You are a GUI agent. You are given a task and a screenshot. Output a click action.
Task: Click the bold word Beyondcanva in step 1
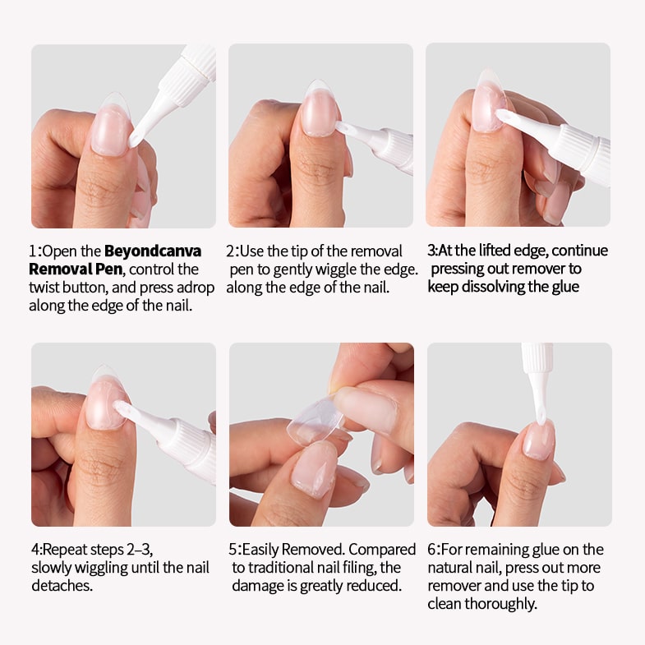(x=153, y=251)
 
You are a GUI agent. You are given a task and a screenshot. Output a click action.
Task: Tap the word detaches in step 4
(x=62, y=585)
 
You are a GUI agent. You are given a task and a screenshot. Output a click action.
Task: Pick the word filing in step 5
(x=361, y=568)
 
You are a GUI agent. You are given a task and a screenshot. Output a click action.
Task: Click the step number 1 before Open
(x=33, y=251)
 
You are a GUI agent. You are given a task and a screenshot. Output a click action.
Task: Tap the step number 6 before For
(x=431, y=550)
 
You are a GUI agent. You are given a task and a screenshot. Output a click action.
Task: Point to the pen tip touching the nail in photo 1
(x=135, y=141)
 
